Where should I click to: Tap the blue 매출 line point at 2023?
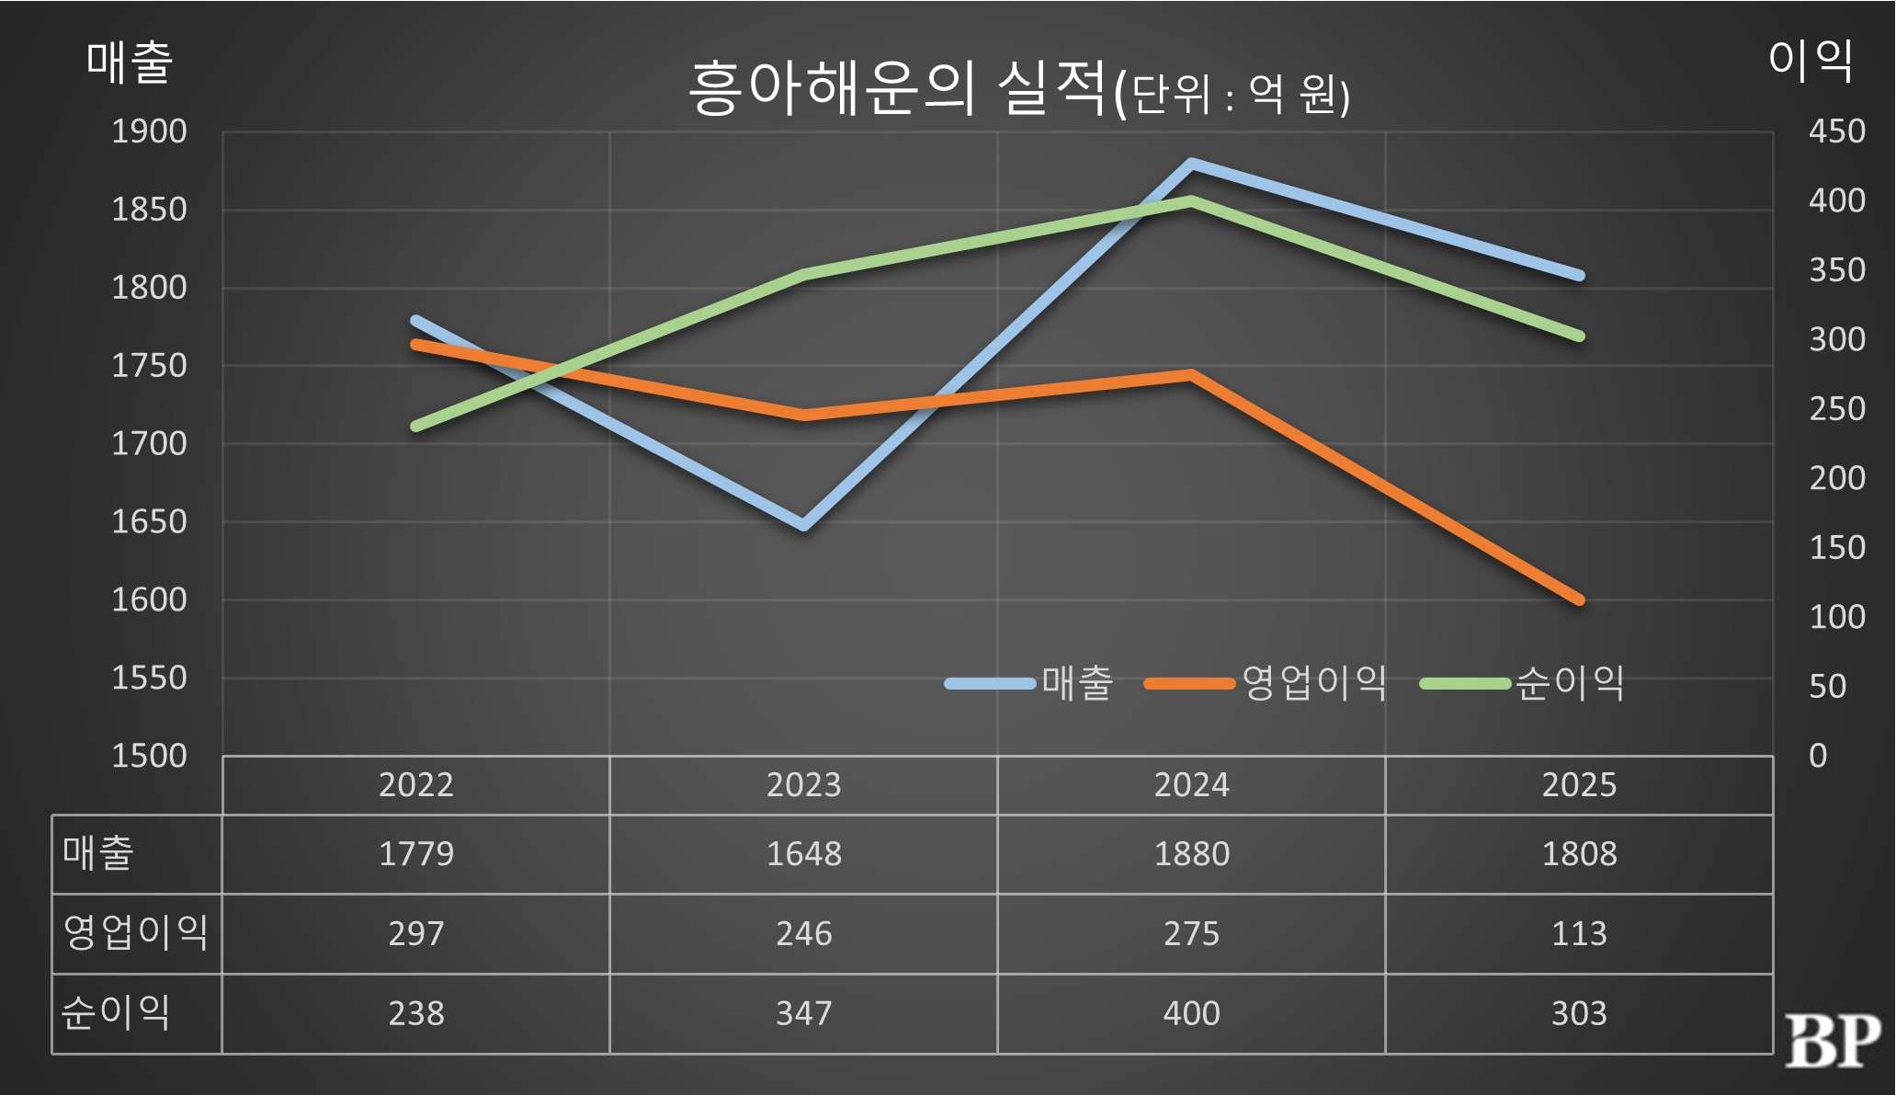click(x=804, y=526)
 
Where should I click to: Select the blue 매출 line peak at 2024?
click(x=1192, y=164)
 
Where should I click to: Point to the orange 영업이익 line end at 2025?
click(x=1579, y=599)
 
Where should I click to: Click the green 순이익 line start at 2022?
click(x=416, y=427)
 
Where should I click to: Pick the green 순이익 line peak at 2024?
click(x=1192, y=200)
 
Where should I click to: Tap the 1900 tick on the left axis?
click(x=149, y=131)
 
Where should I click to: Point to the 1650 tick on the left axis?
click(x=149, y=522)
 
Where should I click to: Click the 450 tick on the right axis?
click(x=1836, y=131)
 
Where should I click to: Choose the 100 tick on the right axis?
click(x=1836, y=617)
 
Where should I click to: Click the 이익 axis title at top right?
click(x=1810, y=61)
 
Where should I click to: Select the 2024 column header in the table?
click(x=1191, y=785)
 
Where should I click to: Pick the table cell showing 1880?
click(x=1191, y=854)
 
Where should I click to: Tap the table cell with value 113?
click(x=1579, y=934)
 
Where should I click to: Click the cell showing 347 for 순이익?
click(x=803, y=1013)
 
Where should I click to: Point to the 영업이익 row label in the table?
click(x=135, y=932)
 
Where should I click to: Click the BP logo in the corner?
click(x=1832, y=1041)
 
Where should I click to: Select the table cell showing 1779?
click(x=416, y=854)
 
